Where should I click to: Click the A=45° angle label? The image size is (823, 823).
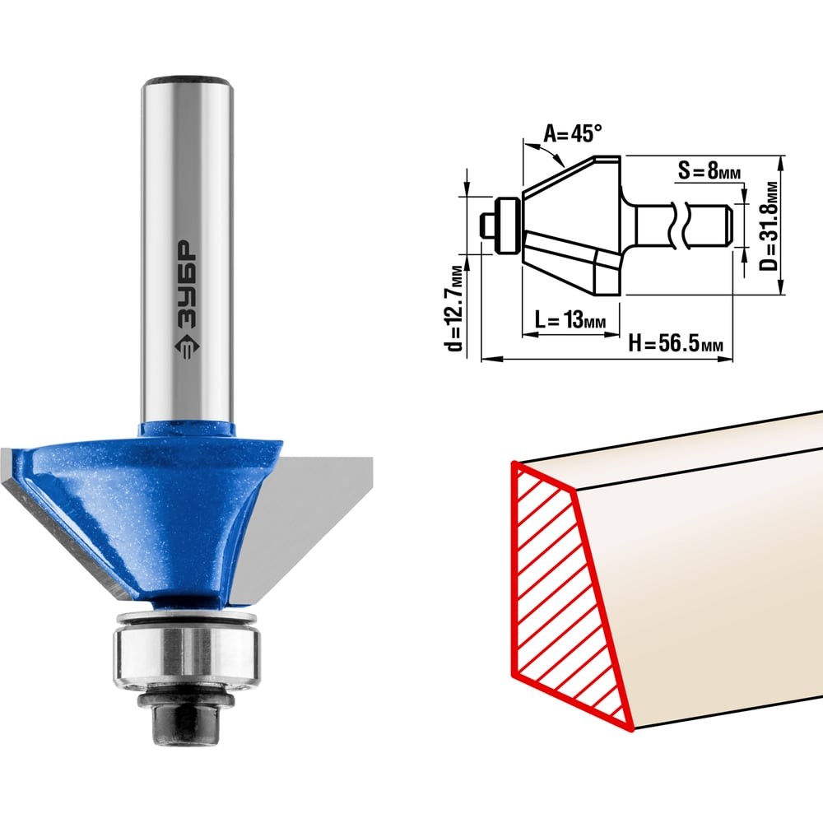(x=572, y=134)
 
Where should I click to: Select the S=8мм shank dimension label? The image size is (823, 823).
(x=709, y=170)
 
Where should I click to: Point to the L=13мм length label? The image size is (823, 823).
(x=570, y=319)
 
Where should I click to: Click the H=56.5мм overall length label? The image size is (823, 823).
(x=676, y=344)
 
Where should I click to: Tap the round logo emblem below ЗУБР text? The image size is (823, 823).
(x=186, y=347)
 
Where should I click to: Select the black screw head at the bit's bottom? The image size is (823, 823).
(x=186, y=720)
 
